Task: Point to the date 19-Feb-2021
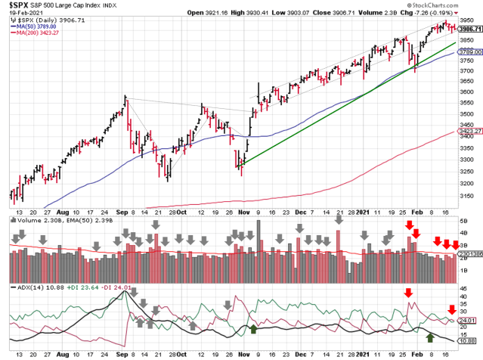[x=18, y=14]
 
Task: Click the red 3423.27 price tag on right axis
[x=472, y=130]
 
